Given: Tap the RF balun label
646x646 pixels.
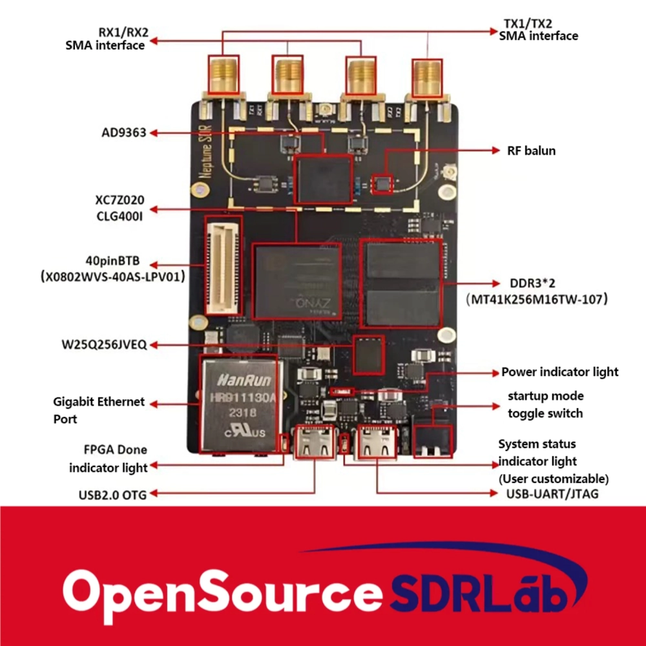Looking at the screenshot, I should pos(531,151).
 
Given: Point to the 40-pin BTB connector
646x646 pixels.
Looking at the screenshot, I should pos(224,265).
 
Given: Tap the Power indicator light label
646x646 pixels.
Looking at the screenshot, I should pos(559,372).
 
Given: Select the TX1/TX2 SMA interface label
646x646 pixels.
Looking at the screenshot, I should pos(537,30).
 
